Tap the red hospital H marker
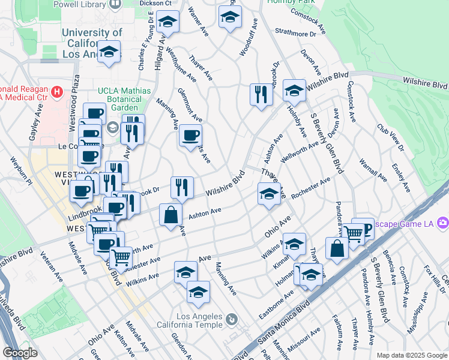click(x=57, y=92)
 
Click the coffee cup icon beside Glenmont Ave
click(x=190, y=136)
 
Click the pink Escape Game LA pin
click(x=443, y=223)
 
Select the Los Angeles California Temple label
click(x=199, y=321)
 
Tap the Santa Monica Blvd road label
click(x=283, y=321)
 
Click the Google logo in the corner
click(x=20, y=353)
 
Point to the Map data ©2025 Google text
click(x=411, y=355)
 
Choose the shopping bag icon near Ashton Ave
click(x=171, y=215)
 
